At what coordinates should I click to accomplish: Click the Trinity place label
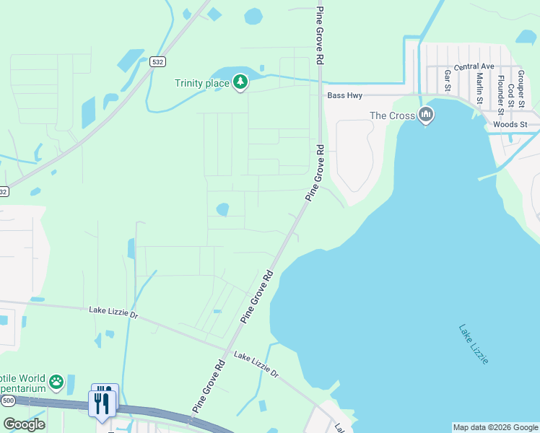tap(201, 83)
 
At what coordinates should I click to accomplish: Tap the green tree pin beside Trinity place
tap(240, 83)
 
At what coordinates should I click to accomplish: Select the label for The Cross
tap(392, 115)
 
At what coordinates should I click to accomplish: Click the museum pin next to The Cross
tap(426, 115)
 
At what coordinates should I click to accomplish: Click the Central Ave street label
tap(474, 66)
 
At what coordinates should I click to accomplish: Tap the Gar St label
tap(448, 80)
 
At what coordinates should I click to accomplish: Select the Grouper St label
tap(520, 84)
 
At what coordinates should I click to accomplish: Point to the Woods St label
tap(511, 125)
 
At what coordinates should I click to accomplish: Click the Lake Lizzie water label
tap(474, 344)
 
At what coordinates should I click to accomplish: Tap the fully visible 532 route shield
tap(157, 63)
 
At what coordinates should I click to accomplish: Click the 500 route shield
tap(8, 400)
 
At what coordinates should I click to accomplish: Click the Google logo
tap(24, 424)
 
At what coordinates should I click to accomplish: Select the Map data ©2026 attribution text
tap(495, 427)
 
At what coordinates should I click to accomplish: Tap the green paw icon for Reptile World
tap(56, 381)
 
